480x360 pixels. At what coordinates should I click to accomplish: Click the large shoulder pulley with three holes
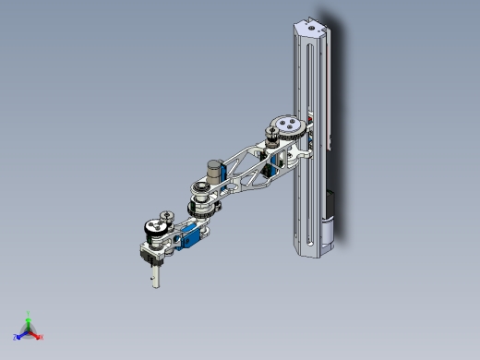tap(289, 125)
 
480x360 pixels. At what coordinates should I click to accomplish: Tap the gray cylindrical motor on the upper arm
tap(215, 172)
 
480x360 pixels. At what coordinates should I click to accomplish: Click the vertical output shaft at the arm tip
tap(155, 273)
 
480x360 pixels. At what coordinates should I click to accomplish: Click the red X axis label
tap(42, 336)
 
